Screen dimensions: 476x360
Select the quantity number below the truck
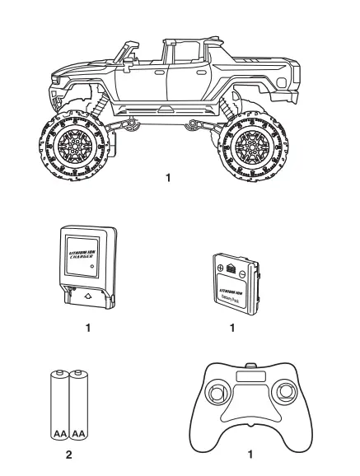coord(169,178)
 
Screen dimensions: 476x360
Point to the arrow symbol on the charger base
coord(86,292)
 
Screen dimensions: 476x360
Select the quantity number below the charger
coord(86,328)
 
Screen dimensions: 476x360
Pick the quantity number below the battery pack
coord(233,328)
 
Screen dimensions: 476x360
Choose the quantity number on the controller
coord(250,453)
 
